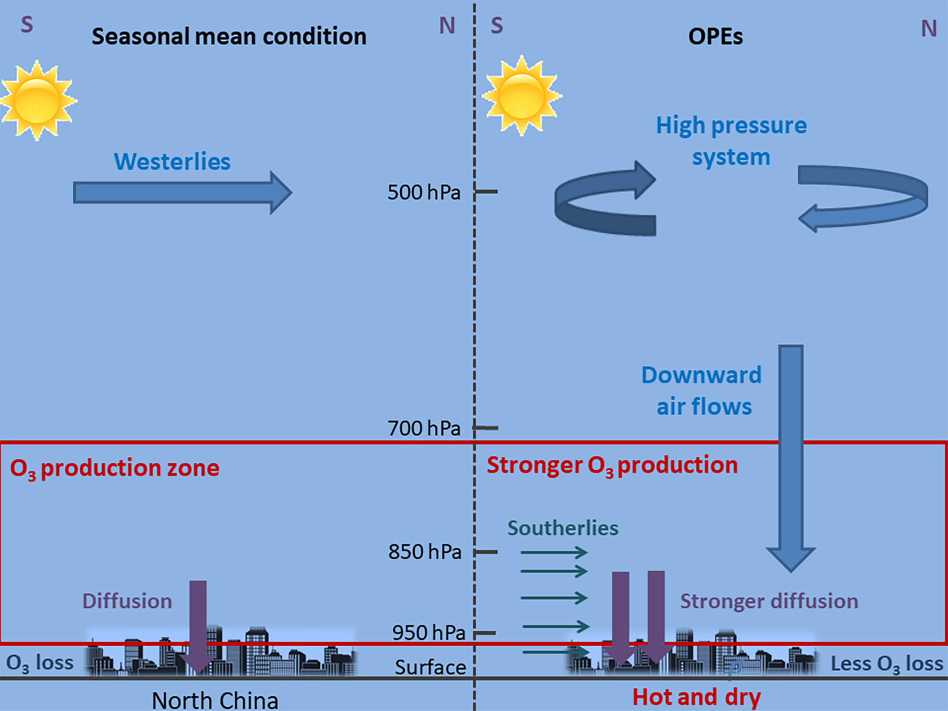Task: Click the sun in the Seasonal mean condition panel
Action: (37, 100)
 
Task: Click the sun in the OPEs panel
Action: (522, 96)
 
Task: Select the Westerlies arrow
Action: (182, 193)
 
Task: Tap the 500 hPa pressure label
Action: (424, 192)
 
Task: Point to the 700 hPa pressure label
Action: (424, 428)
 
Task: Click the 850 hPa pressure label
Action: (425, 552)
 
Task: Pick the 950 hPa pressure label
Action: (429, 633)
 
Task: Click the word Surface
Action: (430, 667)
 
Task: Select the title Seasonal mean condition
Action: (229, 36)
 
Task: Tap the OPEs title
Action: (715, 36)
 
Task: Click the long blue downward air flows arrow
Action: (791, 455)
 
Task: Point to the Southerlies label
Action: (563, 528)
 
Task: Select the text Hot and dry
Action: (697, 697)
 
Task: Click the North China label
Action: (215, 700)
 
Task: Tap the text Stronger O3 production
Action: (612, 465)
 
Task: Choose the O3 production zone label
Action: (114, 468)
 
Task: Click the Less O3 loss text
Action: (886, 664)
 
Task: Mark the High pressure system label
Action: (731, 141)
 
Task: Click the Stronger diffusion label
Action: (769, 601)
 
